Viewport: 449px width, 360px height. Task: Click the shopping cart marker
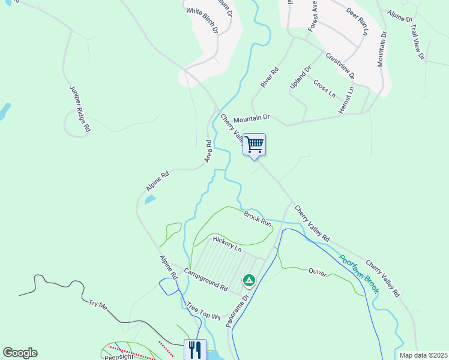255,145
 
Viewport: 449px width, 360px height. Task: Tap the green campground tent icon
249,280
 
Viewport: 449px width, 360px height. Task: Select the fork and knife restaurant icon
194,349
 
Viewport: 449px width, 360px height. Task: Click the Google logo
20,353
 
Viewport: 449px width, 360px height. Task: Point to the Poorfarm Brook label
358,272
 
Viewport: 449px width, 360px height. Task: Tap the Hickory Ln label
227,244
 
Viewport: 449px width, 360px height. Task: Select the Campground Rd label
206,280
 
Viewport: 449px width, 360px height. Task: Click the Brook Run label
258,217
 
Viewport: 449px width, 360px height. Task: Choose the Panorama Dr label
238,311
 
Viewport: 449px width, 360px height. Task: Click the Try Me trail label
97,306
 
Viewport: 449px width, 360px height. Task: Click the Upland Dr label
301,77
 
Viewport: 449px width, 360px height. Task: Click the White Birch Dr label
208,20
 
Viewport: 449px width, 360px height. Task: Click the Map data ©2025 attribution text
423,355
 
